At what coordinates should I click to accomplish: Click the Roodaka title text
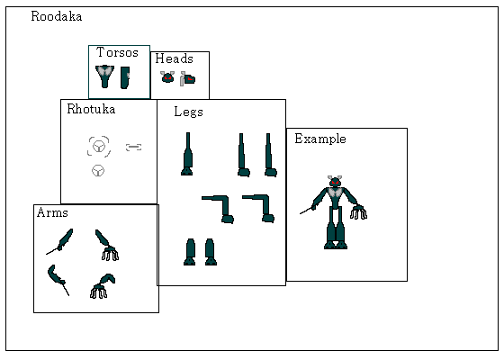point(56,16)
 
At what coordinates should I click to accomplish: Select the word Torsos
point(117,52)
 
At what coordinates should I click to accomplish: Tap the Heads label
point(175,58)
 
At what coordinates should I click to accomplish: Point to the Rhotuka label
point(91,109)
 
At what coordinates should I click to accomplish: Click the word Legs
point(188,112)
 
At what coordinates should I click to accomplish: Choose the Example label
point(320,139)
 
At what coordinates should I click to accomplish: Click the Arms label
point(52,212)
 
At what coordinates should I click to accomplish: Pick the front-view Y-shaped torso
point(104,76)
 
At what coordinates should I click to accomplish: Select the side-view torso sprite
point(125,77)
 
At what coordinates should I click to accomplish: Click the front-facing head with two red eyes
point(167,77)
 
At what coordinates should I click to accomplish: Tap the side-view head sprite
point(188,79)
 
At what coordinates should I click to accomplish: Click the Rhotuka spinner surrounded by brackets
point(99,146)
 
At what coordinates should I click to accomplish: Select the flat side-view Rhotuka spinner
point(134,148)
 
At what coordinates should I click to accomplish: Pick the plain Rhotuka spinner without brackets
point(98,171)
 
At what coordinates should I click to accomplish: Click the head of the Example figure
point(335,182)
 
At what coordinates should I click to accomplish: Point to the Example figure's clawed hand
point(359,212)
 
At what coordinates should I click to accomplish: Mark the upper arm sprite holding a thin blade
point(59,242)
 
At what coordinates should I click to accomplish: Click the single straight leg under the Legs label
point(187,154)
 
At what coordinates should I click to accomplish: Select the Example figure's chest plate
point(335,193)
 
